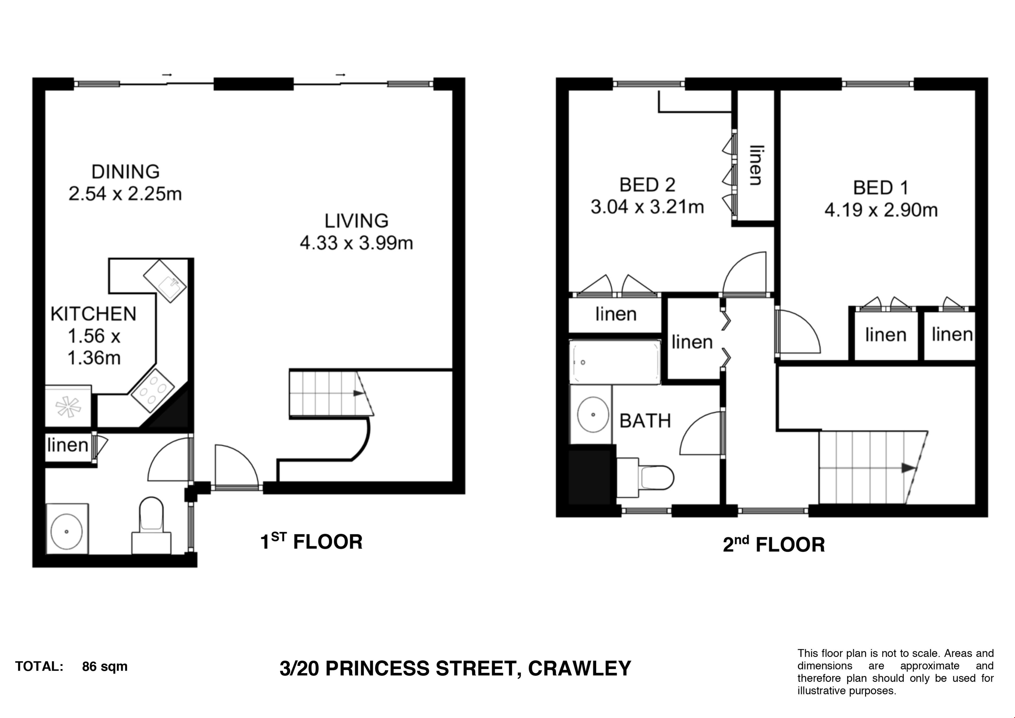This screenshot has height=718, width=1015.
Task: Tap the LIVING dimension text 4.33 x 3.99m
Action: pyautogui.click(x=356, y=243)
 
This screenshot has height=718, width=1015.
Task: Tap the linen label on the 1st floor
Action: pyautogui.click(x=68, y=445)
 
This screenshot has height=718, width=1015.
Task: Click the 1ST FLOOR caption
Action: pyautogui.click(x=311, y=542)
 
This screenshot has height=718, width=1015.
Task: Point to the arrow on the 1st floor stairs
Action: pyautogui.click(x=358, y=393)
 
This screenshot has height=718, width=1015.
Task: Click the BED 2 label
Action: pyautogui.click(x=647, y=185)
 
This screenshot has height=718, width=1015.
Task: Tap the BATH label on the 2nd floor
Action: pyautogui.click(x=645, y=421)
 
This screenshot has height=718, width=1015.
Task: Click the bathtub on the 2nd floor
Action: pyautogui.click(x=615, y=362)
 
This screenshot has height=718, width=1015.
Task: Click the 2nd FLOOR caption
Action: pyautogui.click(x=774, y=544)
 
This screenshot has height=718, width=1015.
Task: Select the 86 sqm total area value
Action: pyautogui.click(x=105, y=667)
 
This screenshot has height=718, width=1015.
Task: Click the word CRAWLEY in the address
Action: pyautogui.click(x=580, y=668)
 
